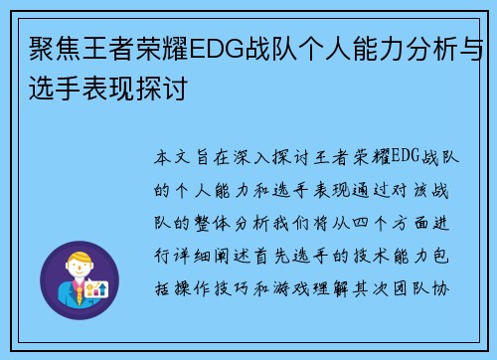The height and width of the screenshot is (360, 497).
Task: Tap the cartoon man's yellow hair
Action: pos(80,258)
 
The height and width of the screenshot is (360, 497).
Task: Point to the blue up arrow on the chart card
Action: pos(104,289)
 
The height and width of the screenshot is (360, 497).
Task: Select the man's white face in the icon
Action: pos(79,270)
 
